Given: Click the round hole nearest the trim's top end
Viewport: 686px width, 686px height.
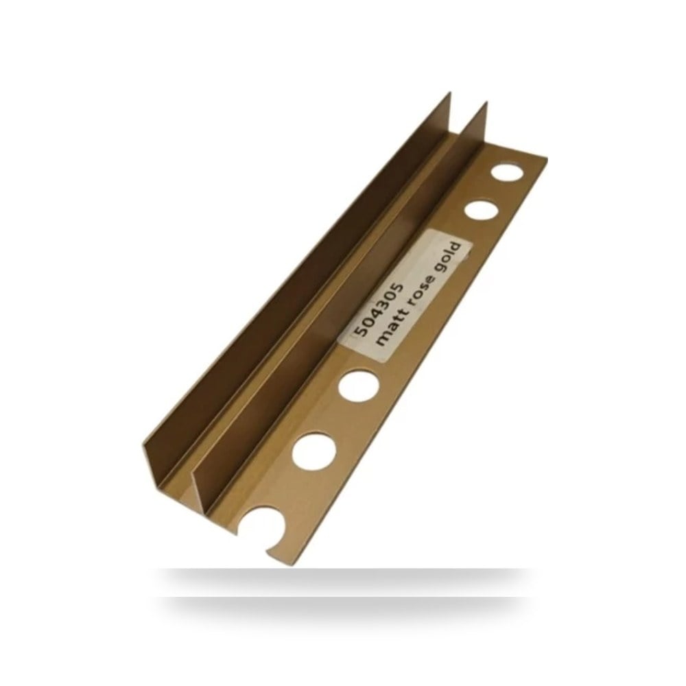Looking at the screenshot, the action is pyautogui.click(x=507, y=171).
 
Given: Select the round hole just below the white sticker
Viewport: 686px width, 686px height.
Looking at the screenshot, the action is pyautogui.click(x=359, y=386).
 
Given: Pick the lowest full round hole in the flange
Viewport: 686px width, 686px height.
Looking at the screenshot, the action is pyautogui.click(x=314, y=450).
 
